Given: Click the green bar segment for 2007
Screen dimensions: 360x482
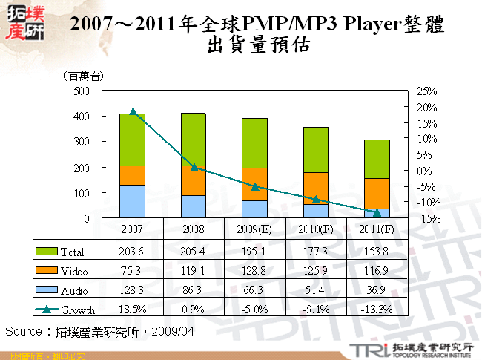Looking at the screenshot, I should [133, 140].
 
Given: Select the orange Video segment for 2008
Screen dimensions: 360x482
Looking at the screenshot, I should [194, 180].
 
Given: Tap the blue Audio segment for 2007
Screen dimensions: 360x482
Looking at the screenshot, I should [133, 201].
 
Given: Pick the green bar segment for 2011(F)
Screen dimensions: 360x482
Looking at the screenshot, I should [377, 159].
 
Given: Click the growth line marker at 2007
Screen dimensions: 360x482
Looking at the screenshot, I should [133, 111].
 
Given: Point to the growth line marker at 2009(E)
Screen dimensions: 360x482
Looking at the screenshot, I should [254, 186].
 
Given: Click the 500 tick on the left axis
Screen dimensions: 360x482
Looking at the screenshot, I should [82, 91].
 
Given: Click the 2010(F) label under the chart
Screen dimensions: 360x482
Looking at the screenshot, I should [316, 229].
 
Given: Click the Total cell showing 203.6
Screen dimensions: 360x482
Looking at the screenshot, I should [133, 252].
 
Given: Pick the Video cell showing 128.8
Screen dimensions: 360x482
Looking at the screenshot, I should [254, 271].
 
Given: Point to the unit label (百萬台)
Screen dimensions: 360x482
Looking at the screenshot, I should [83, 75].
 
